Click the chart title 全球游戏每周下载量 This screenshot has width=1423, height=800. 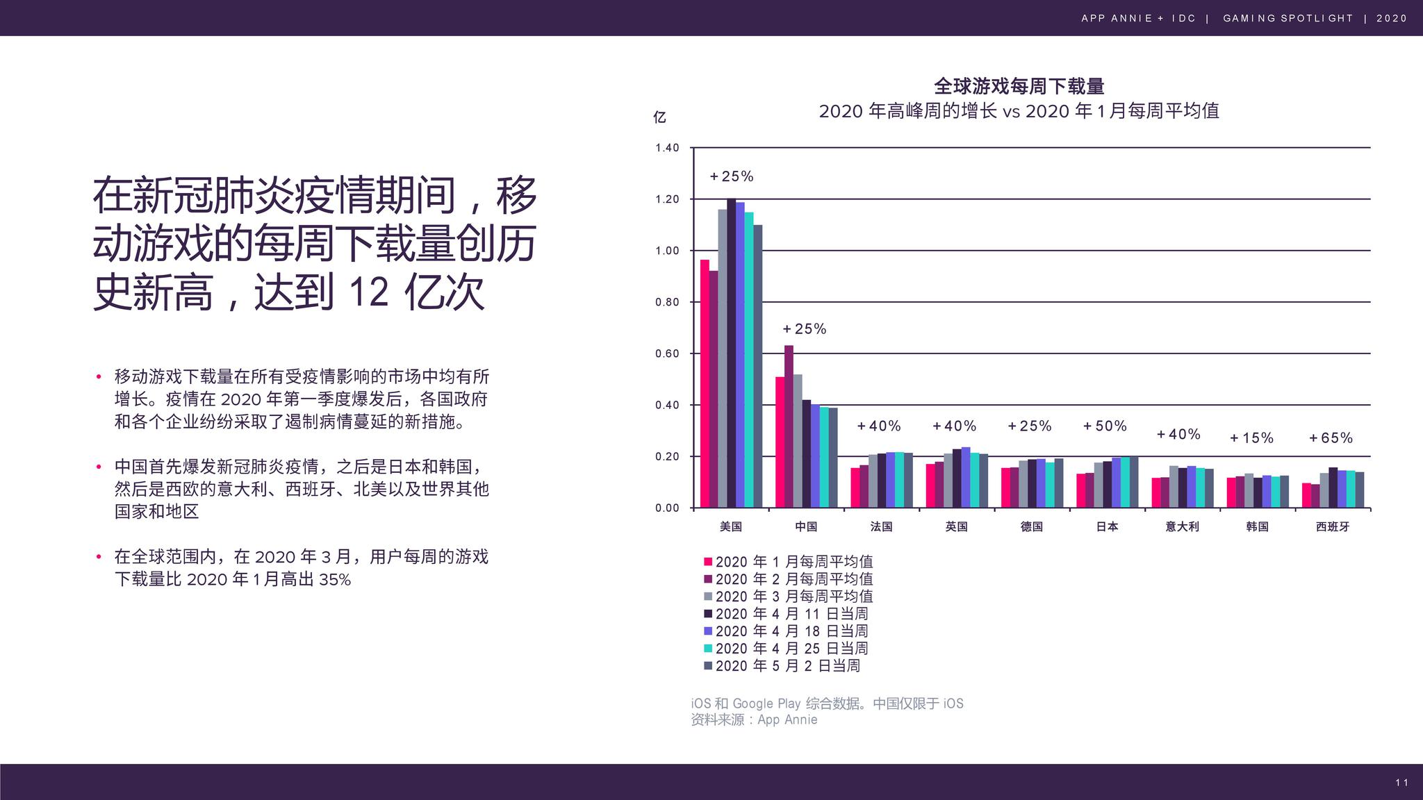(1019, 86)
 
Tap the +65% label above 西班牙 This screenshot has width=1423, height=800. (1331, 438)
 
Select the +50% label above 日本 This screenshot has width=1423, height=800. (1105, 426)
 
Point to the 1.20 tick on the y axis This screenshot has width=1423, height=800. (667, 199)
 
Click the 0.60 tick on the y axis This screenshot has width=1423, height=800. (667, 353)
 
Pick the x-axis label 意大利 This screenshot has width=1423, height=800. (1182, 526)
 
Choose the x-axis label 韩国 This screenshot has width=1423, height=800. (1257, 526)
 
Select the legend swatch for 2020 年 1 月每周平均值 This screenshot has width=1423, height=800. (708, 562)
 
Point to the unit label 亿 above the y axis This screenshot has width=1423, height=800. (659, 117)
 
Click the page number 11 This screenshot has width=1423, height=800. (1401, 783)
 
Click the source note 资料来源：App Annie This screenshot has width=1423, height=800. (754, 720)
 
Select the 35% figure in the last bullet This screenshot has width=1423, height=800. (335, 579)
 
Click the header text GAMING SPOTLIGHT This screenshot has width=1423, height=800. (1288, 18)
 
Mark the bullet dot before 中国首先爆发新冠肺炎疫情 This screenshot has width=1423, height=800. (99, 467)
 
